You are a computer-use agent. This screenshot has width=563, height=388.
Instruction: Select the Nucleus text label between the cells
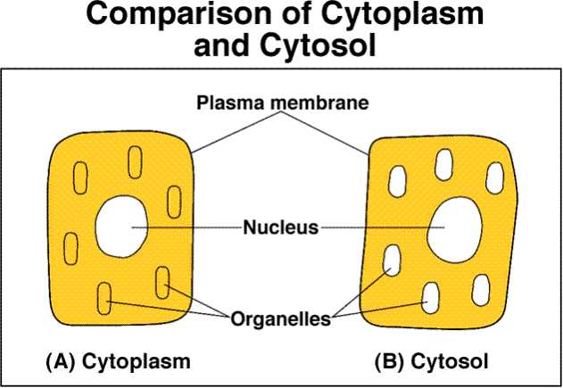tap(280, 227)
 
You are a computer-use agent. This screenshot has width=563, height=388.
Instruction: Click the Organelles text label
tap(281, 317)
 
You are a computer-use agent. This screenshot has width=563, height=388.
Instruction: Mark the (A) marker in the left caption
tap(60, 362)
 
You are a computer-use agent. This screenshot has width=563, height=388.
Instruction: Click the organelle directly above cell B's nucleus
tap(443, 166)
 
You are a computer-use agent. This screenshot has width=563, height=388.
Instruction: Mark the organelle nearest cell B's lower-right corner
tap(484, 289)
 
